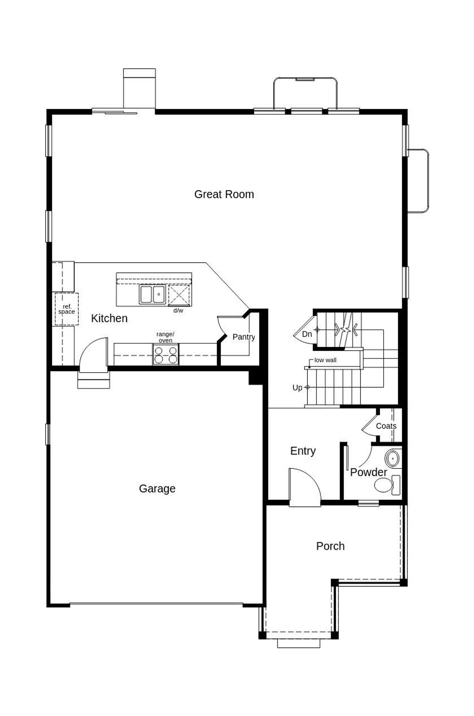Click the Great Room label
[224, 194]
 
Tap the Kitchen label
[109, 318]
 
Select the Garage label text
[157, 488]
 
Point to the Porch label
[330, 546]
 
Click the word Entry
[303, 451]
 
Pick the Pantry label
[244, 337]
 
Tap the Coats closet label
[386, 426]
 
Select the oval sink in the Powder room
[392, 459]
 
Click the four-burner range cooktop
[166, 354]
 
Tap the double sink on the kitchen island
[152, 295]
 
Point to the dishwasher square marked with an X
[179, 295]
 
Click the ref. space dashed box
[67, 309]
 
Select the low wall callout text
[325, 360]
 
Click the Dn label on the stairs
[307, 334]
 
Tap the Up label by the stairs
[297, 388]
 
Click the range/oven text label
[165, 337]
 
